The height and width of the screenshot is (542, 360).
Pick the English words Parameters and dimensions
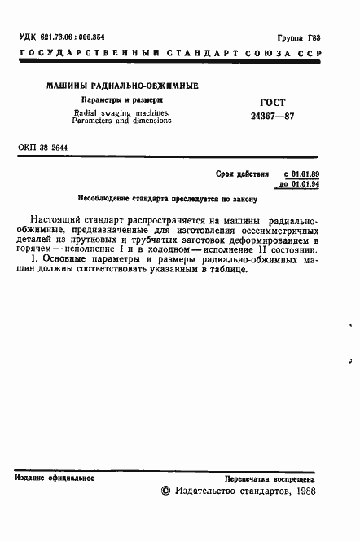(x=121, y=120)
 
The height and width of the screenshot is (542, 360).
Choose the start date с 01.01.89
(x=301, y=174)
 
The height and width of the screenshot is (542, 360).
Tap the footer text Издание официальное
(x=55, y=478)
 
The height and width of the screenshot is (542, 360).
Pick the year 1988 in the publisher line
(x=305, y=491)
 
